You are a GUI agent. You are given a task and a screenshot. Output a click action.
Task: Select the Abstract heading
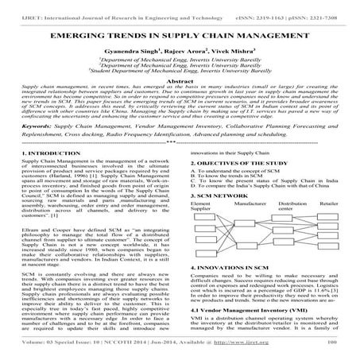(180, 81)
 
